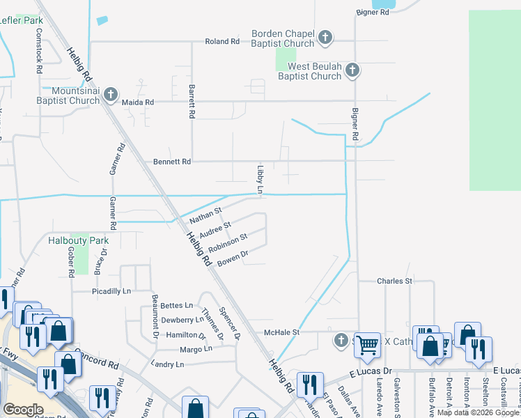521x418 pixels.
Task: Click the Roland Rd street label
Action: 222,42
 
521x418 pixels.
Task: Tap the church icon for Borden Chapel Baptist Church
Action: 325,37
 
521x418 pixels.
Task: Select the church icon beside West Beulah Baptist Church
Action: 352,70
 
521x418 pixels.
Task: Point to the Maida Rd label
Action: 137,102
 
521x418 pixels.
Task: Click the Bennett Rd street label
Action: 172,162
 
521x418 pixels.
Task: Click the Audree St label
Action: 215,229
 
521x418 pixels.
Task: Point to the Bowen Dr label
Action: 233,259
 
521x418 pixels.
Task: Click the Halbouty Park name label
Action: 79,240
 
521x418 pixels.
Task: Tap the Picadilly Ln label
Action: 111,291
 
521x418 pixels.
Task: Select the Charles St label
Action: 395,281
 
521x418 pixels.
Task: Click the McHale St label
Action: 281,332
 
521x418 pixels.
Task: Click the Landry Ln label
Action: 167,364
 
